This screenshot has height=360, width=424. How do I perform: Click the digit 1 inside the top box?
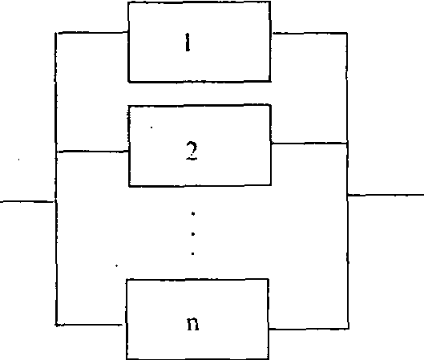pyautogui.click(x=188, y=42)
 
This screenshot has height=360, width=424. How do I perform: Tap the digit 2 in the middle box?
pyautogui.click(x=192, y=151)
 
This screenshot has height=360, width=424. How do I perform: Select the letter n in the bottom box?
pyautogui.click(x=193, y=323)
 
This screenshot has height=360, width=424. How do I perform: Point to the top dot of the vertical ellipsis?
pyautogui.click(x=193, y=213)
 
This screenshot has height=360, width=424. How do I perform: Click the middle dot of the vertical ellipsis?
pyautogui.click(x=193, y=234)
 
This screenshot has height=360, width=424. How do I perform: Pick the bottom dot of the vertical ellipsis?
pyautogui.click(x=193, y=253)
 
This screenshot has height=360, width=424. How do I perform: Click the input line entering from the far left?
pyautogui.click(x=27, y=201)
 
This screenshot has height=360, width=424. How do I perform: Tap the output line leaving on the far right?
pyautogui.click(x=386, y=195)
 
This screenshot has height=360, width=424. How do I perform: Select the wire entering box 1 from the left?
pyautogui.click(x=92, y=33)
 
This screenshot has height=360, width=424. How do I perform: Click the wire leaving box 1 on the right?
pyautogui.click(x=309, y=33)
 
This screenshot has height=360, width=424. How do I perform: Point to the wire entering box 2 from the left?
pyautogui.click(x=92, y=152)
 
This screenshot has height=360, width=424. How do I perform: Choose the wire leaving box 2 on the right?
pyautogui.click(x=309, y=143)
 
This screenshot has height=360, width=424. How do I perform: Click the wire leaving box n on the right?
pyautogui.click(x=309, y=329)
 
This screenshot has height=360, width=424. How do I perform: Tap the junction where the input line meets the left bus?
pyautogui.click(x=55, y=201)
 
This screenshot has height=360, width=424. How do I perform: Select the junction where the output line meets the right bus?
pyautogui.click(x=348, y=195)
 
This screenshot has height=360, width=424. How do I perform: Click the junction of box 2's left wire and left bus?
pyautogui.click(x=56, y=152)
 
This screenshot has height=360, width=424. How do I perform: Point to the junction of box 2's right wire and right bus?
pyautogui.click(x=347, y=143)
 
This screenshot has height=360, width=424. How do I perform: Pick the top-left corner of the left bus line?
pyautogui.click(x=56, y=33)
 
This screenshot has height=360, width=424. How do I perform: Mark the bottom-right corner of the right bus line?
pyautogui.click(x=349, y=329)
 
